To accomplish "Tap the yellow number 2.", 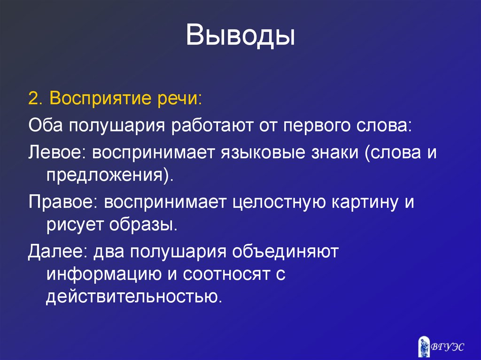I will (33, 100).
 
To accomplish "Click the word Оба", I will (47, 126).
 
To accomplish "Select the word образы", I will (143, 225).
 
